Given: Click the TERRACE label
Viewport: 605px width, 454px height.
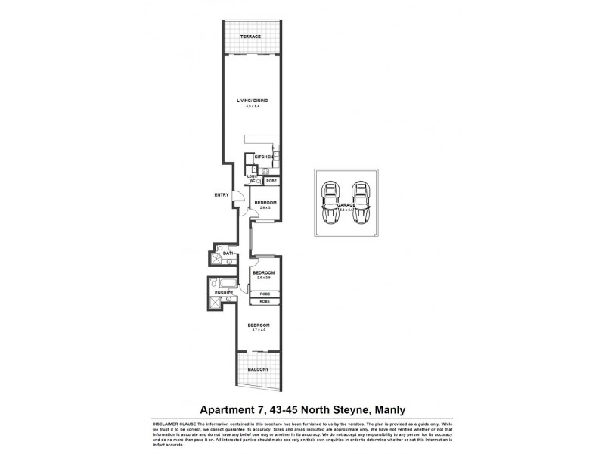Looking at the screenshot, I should pyautogui.click(x=250, y=36).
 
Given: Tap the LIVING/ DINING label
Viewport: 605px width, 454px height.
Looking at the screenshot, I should pyautogui.click(x=252, y=100).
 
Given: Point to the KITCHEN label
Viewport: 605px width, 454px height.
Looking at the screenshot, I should pyautogui.click(x=263, y=157).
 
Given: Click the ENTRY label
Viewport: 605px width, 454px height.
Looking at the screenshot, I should pyautogui.click(x=221, y=195).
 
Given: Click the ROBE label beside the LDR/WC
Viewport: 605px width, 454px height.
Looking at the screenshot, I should pyautogui.click(x=271, y=181).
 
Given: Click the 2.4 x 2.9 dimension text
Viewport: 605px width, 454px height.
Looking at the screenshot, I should pyautogui.click(x=264, y=278).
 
